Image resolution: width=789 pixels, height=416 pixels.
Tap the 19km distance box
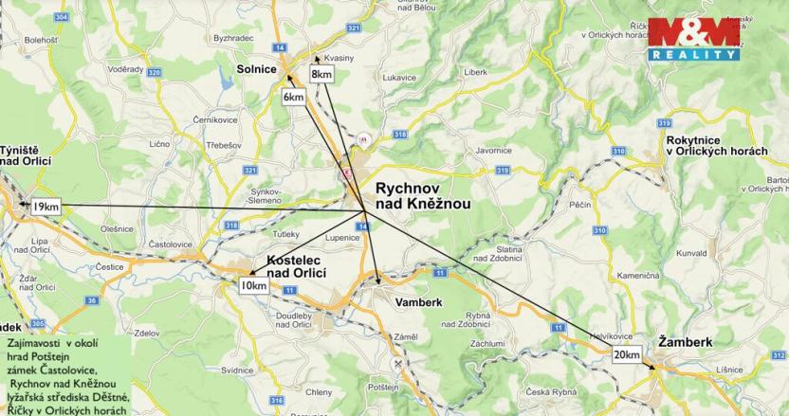[43, 207]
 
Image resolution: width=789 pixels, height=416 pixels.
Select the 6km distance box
[294, 97]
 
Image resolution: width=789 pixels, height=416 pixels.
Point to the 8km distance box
[321, 74]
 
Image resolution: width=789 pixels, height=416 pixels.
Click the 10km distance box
[252, 285]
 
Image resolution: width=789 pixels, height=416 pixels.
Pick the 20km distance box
[626, 354]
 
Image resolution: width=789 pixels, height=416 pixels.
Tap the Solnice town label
[257, 68]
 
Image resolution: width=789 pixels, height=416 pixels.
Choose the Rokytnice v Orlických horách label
[717, 146]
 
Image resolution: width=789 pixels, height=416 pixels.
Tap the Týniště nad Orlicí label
[24, 168]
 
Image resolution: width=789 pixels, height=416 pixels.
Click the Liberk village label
[475, 71]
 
